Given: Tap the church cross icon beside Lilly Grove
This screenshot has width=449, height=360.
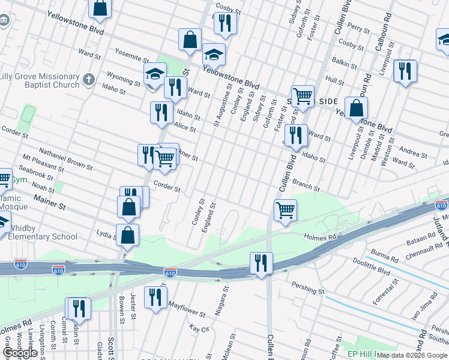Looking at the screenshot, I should [x=88, y=79].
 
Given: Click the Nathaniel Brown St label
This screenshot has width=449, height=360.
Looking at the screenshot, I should [x=65, y=157].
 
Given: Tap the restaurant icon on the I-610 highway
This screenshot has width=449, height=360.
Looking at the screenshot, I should [x=261, y=263].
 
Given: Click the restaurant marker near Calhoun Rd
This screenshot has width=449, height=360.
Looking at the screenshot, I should [x=405, y=71].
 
